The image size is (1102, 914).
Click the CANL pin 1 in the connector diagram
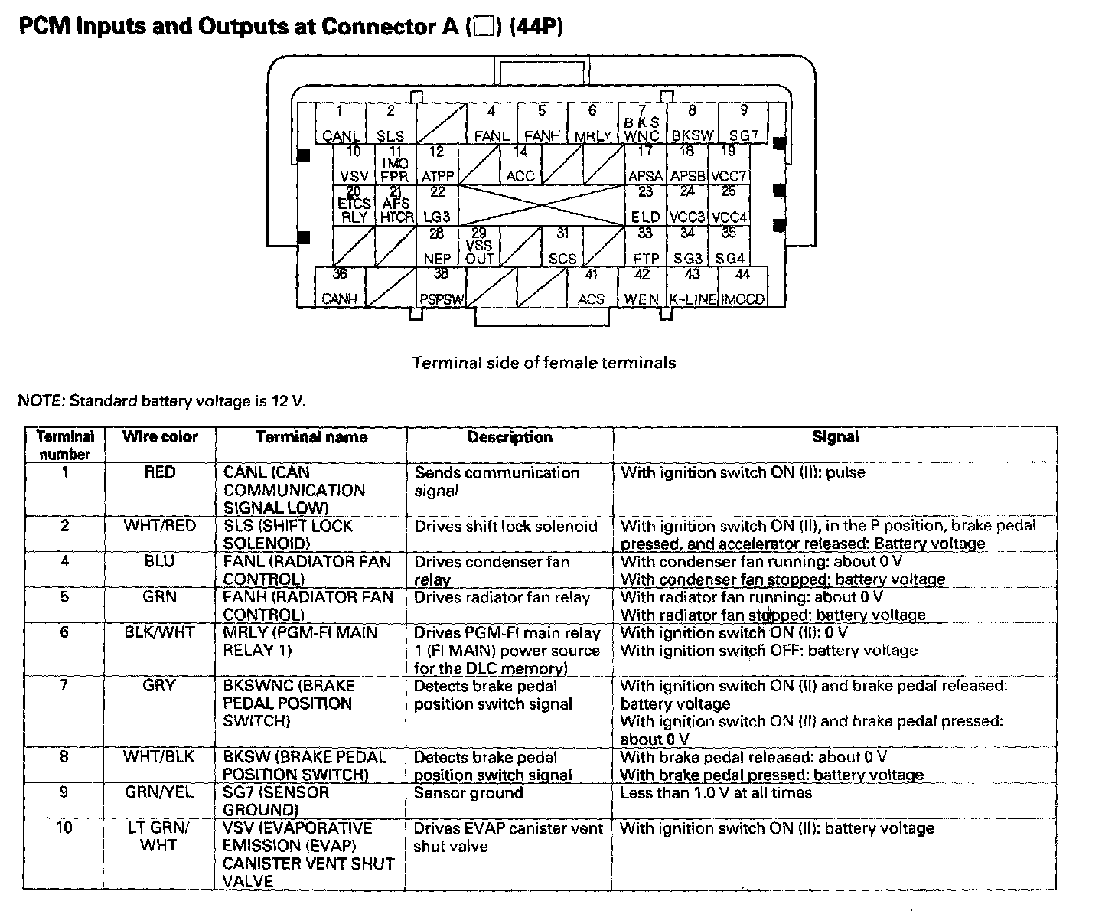[341, 124]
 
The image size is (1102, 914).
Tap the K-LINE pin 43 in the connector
[692, 287]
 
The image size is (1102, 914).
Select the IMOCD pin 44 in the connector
[742, 287]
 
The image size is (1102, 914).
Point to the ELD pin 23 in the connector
[645, 206]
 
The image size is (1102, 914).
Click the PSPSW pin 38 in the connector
[441, 287]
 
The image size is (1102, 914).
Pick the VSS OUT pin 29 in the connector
[479, 246]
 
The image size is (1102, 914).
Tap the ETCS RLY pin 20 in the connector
[354, 206]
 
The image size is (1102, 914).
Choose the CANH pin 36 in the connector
[341, 287]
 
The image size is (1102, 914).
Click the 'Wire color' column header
[160, 437]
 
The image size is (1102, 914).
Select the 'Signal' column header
[835, 437]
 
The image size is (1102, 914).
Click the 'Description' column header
[510, 437]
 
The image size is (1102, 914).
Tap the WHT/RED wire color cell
[160, 526]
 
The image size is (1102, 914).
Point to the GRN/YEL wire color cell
[160, 792]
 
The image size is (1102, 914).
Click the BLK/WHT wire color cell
[160, 632]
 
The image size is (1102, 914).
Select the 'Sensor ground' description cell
[468, 792]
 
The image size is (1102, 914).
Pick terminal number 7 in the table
[64, 685]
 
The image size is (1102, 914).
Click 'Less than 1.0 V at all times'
[716, 792]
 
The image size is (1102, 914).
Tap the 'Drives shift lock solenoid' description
[506, 526]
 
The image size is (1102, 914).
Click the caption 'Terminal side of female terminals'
[544, 362]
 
